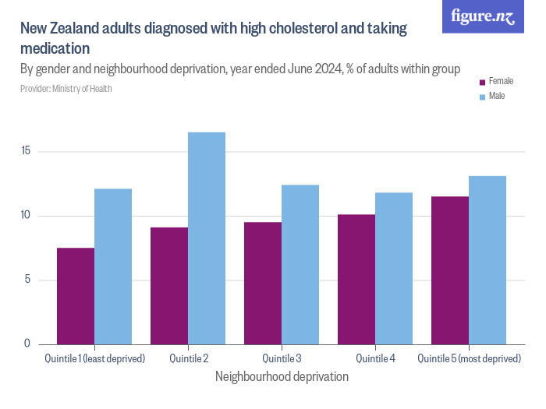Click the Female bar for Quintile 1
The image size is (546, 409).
coord(76,296)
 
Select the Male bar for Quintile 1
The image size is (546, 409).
coord(113,266)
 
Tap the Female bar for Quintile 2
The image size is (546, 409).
coord(169,286)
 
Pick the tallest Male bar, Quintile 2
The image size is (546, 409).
coord(207,238)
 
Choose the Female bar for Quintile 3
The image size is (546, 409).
coord(263,283)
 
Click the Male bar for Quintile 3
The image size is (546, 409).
coord(300,264)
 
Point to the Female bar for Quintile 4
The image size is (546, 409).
coord(356,279)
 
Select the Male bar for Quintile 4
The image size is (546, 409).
coord(394,268)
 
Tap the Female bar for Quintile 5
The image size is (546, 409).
coord(450,270)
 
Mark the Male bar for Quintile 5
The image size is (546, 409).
coord(487,260)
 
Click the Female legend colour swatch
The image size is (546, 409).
coord(482,82)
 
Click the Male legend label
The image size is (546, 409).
coord(497,96)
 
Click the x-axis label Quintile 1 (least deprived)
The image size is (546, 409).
coord(94,358)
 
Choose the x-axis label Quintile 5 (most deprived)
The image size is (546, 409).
coord(469,358)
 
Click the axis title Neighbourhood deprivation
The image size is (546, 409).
coord(282,376)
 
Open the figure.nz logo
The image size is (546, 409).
coord(483,16)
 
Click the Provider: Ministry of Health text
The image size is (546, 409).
coord(66,89)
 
